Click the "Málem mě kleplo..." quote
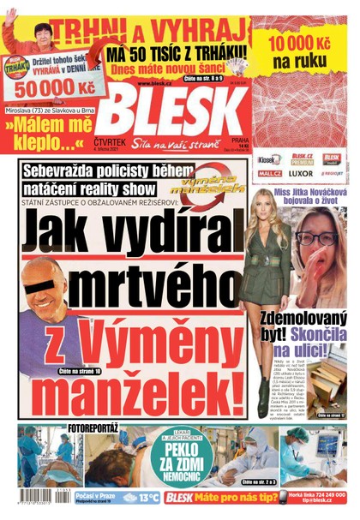pyautogui.click(x=47, y=129)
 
